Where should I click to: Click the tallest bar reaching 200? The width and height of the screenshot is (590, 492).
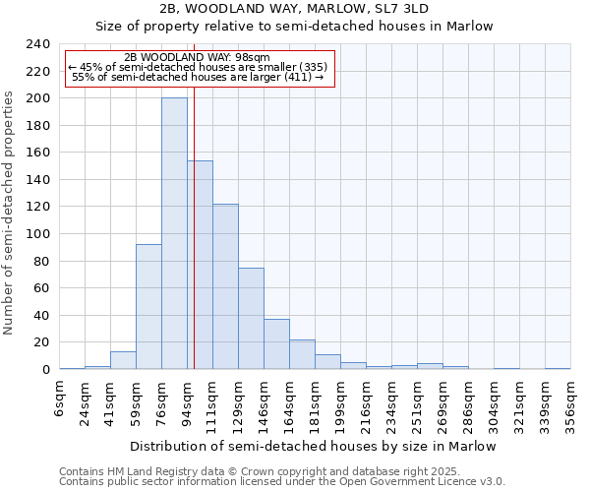coord(174,233)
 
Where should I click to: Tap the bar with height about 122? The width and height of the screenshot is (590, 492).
coord(225,286)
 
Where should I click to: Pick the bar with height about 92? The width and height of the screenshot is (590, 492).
coord(148,306)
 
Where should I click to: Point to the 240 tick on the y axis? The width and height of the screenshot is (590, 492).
coord(37,44)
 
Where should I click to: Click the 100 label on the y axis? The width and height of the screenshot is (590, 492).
coord(37,234)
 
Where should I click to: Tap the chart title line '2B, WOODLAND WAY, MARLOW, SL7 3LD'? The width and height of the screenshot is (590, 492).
coord(294,9)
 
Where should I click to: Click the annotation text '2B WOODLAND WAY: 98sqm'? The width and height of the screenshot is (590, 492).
coord(198,58)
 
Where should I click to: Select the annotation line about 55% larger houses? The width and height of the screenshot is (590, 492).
coord(198,77)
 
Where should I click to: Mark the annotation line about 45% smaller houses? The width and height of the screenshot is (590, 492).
coord(198,67)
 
